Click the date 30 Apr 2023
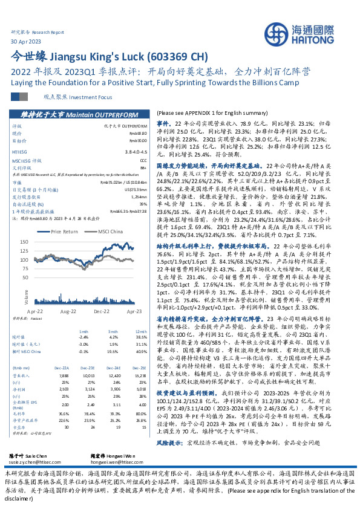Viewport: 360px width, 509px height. pos(25,41)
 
